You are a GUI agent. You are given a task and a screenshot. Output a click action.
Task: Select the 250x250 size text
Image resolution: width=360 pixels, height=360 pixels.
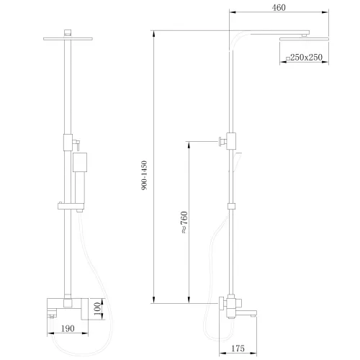(x=305, y=58)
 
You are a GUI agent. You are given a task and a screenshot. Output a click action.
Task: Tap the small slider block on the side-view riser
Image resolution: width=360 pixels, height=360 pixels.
(x=231, y=207)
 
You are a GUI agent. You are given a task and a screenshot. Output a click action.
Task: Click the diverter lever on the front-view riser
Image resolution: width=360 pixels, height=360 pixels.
(x=74, y=145)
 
